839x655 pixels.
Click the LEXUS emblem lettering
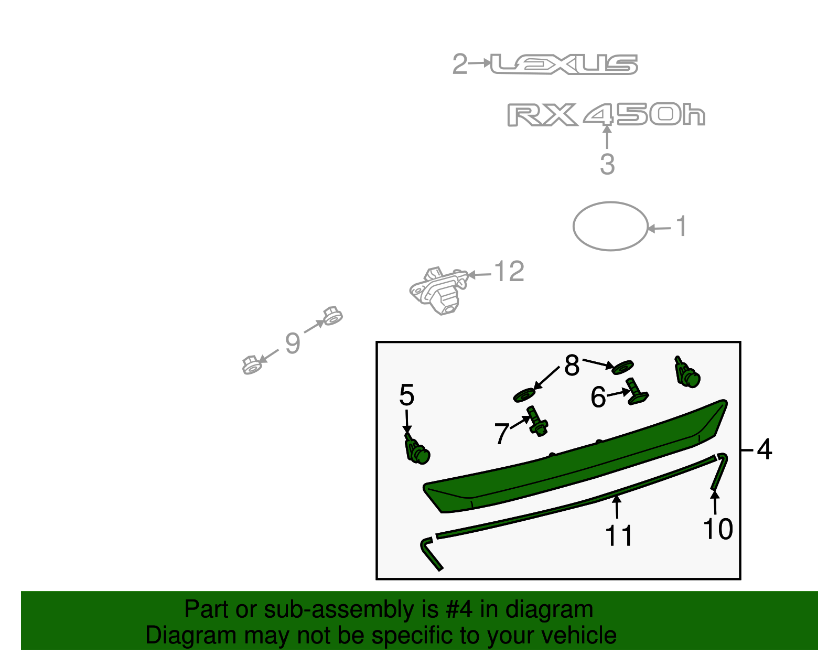coord(564,64)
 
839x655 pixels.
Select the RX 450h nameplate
coord(606,115)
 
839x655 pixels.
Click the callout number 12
coord(509,272)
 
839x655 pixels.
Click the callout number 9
coord(293,343)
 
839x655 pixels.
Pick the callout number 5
coord(406,395)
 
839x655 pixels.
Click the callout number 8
coord(572,366)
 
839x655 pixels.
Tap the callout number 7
coord(501,434)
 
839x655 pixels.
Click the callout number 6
coord(598,397)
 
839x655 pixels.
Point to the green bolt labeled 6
coord(636,392)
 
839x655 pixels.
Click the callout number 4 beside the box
coord(765,450)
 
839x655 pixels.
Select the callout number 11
coord(619,536)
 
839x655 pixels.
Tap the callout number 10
coord(717,529)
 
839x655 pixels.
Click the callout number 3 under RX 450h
coord(607,164)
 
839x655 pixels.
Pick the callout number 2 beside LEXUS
coord(459,64)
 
